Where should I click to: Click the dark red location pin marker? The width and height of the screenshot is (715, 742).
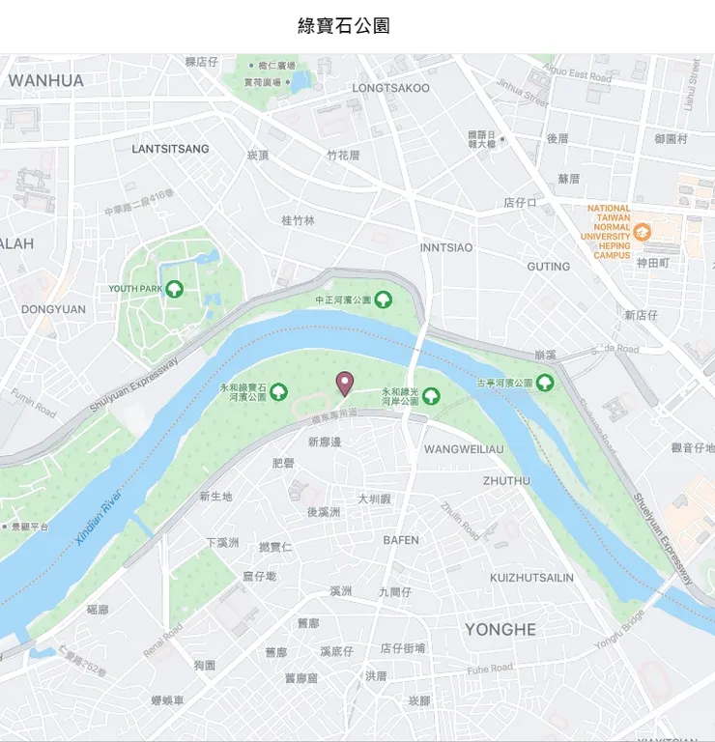coord(344,384)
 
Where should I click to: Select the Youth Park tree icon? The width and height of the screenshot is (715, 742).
coord(175,288)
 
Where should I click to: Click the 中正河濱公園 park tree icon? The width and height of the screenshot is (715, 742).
coord(384,300)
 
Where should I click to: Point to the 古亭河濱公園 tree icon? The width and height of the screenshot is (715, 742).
coord(545,383)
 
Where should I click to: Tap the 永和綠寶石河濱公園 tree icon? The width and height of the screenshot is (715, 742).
coord(279,391)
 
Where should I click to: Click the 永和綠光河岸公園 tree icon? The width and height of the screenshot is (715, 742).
coord(431,394)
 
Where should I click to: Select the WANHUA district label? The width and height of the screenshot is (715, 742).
coord(45,80)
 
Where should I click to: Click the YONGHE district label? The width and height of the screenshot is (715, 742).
coord(500,629)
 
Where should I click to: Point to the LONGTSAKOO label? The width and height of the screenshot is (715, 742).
coord(390,88)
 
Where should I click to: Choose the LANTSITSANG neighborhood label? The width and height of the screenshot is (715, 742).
coord(170,149)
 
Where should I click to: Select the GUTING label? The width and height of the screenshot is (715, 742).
coord(548,266)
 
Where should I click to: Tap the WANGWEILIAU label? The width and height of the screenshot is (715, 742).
coord(464,449)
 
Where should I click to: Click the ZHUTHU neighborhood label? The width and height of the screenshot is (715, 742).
coord(506,480)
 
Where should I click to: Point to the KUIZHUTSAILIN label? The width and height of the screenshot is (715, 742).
coord(531,578)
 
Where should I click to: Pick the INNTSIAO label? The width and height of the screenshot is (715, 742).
coord(446,247)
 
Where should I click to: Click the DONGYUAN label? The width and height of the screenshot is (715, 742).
coord(53,309)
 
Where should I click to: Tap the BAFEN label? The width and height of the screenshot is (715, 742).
coord(401,540)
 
